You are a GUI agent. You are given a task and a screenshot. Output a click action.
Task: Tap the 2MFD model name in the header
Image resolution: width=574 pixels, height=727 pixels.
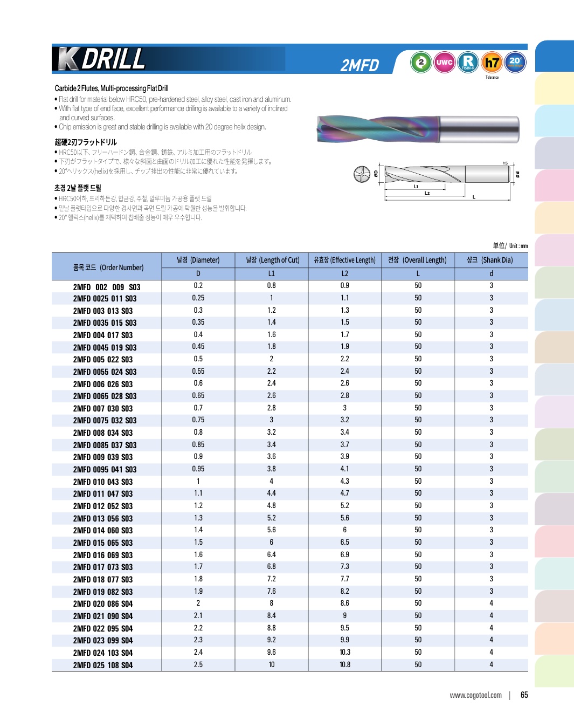tap(359, 65)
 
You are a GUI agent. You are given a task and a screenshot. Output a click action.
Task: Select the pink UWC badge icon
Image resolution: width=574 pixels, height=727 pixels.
tap(444, 62)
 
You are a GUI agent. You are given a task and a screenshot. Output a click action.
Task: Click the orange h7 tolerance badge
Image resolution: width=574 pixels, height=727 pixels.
tap(492, 63)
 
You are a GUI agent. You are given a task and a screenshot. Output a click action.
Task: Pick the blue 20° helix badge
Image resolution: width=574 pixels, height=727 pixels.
tap(515, 62)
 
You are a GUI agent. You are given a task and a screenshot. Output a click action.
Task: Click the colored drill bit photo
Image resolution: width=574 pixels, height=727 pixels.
tap(418, 129)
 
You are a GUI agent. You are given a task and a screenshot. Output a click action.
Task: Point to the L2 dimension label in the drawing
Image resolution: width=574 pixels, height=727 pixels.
tap(427, 193)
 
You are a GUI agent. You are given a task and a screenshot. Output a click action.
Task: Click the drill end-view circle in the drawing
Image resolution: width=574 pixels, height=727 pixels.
tap(362, 174)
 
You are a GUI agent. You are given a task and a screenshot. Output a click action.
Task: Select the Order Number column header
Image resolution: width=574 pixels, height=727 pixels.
tap(108, 268)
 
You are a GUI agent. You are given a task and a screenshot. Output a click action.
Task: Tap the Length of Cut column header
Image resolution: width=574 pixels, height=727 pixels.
tap(272, 260)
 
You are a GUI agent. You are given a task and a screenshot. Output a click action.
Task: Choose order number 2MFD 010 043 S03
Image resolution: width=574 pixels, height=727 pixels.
tap(103, 482)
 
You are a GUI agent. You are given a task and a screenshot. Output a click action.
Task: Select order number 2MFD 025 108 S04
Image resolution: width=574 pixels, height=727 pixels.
tap(103, 665)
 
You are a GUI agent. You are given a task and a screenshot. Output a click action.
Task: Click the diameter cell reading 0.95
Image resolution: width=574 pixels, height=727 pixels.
tap(198, 469)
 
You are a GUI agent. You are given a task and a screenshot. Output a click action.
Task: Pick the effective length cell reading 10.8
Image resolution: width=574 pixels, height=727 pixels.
tap(345, 664)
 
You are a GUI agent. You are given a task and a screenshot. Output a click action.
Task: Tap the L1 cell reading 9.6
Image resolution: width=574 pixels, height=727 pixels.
tap(272, 653)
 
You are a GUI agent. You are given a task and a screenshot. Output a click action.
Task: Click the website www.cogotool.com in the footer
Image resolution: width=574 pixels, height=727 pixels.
tap(475, 695)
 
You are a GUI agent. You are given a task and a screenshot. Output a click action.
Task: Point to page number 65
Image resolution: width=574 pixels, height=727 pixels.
tap(524, 695)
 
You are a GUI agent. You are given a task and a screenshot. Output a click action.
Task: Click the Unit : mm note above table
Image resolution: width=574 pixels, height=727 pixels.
tap(510, 246)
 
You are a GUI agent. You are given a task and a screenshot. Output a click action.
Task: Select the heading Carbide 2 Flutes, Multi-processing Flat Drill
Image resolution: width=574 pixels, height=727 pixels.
tap(112, 88)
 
